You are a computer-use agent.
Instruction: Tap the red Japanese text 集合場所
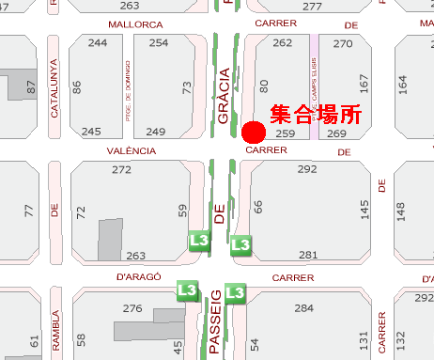[316, 116]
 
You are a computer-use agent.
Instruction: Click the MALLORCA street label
[135, 24]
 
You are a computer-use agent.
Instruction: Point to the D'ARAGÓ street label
[139, 277]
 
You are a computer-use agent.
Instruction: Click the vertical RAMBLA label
[55, 332]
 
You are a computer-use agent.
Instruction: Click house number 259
[286, 134]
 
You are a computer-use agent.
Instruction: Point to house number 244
[97, 43]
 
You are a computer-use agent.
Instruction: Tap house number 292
[306, 169]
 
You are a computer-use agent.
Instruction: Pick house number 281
[308, 256]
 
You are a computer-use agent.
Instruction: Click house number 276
[132, 307]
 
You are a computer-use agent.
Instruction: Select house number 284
[303, 307]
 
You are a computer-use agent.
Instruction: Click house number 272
[121, 170]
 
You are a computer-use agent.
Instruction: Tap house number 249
[156, 131]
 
